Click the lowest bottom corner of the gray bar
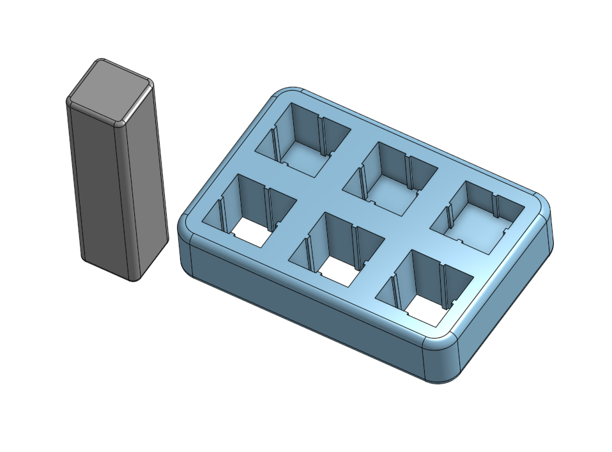[x=133, y=279]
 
